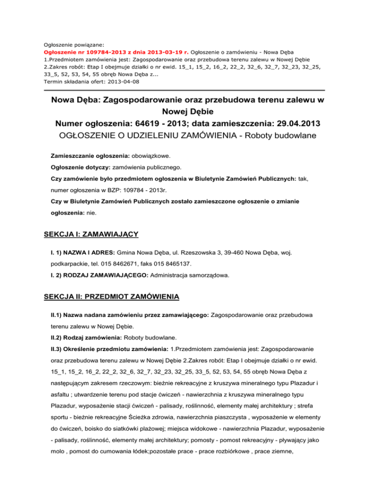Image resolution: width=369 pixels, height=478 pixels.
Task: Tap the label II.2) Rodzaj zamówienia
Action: pyautogui.click(x=86, y=338)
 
